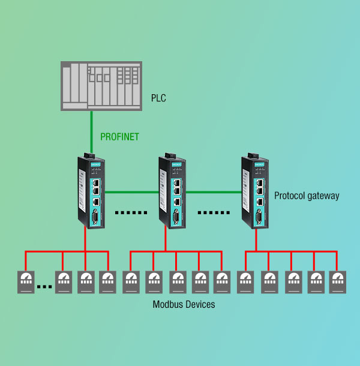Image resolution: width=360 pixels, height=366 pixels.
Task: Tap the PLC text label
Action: pyautogui.click(x=158, y=96)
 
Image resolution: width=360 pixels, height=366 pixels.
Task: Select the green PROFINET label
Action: pyautogui.click(x=119, y=137)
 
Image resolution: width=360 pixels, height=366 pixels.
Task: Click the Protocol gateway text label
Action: pyautogui.click(x=307, y=196)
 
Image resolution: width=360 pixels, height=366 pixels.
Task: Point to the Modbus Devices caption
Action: pyautogui.click(x=184, y=305)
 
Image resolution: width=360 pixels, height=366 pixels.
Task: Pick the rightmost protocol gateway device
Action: pyautogui.click(x=253, y=191)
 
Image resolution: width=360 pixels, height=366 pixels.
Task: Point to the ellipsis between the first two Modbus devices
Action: pyautogui.click(x=44, y=286)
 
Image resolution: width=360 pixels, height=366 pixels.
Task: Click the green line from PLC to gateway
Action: pyautogui.click(x=91, y=132)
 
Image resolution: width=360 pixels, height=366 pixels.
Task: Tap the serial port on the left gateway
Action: pyautogui.click(x=96, y=217)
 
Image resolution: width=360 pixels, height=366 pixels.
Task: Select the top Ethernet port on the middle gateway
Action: pyautogui.click(x=178, y=181)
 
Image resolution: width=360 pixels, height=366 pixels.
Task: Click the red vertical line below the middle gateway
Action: pyautogui.click(x=165, y=240)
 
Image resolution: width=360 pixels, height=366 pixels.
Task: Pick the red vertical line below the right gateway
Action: pyautogui.click(x=256, y=240)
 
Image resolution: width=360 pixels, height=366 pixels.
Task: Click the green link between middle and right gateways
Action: pyautogui.click(x=213, y=193)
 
